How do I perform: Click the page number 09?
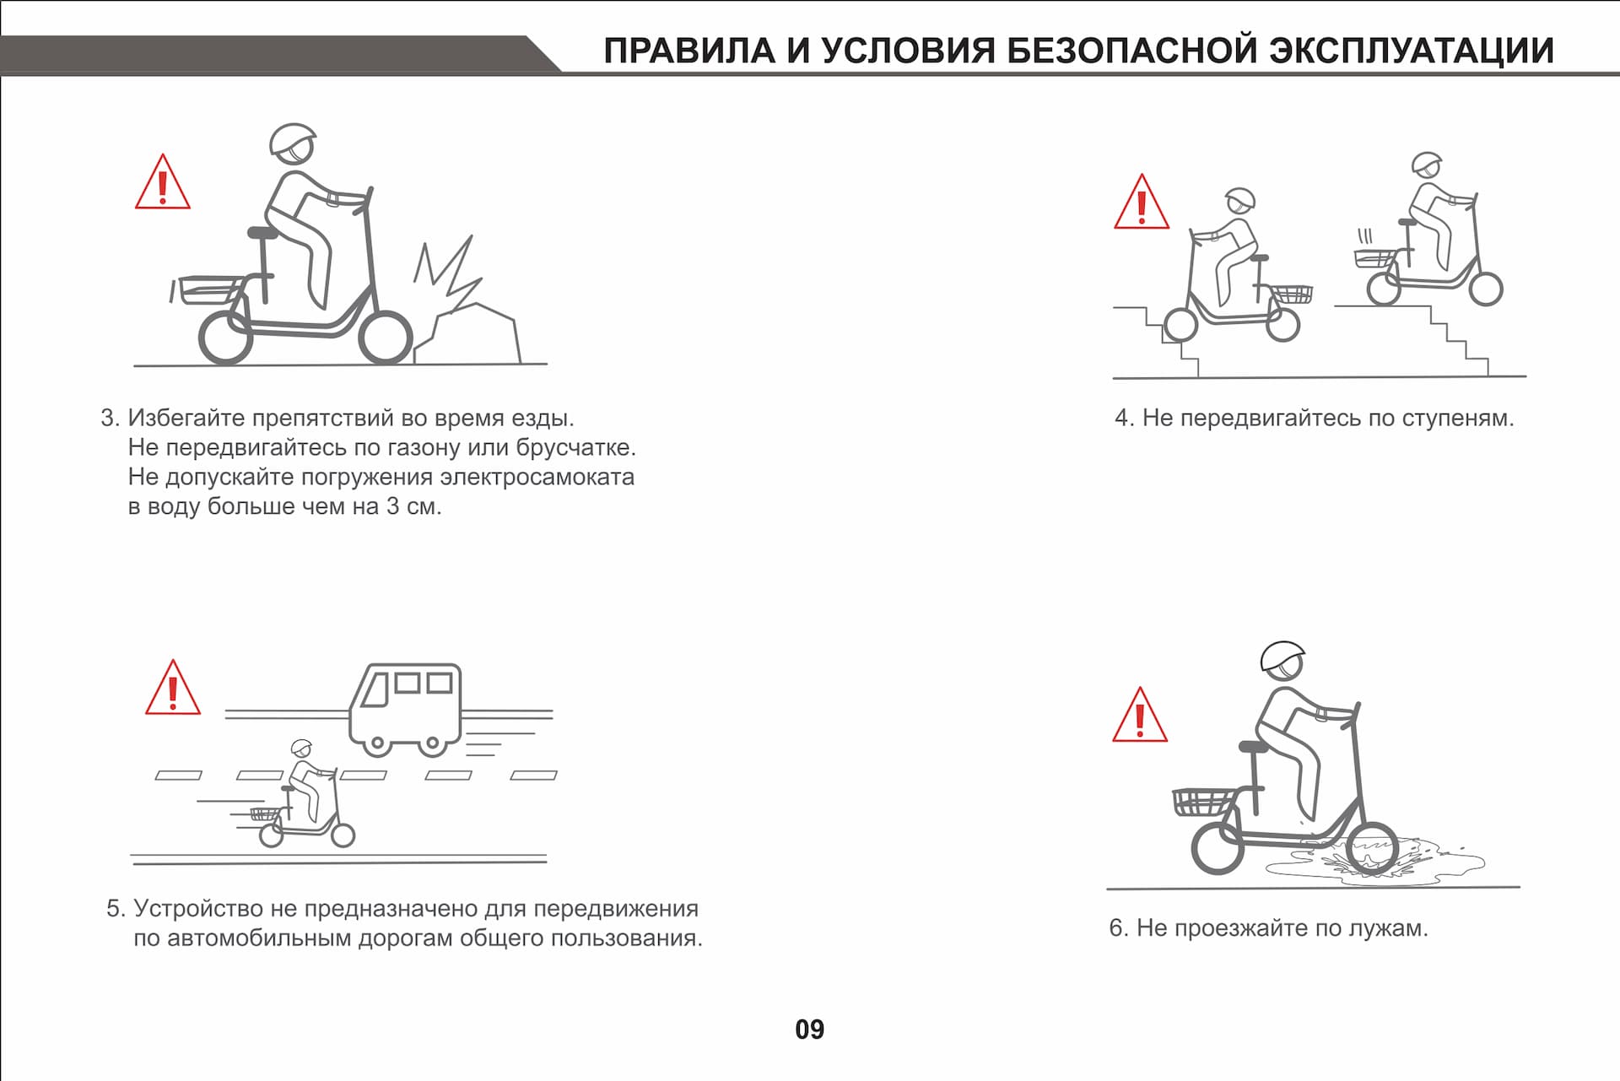809,1029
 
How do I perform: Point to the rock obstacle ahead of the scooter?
468,333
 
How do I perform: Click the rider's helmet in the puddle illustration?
1282,656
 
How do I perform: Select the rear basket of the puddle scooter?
1202,802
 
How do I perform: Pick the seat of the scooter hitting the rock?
262,232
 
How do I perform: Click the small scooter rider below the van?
305,797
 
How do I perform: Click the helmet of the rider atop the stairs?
1425,162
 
